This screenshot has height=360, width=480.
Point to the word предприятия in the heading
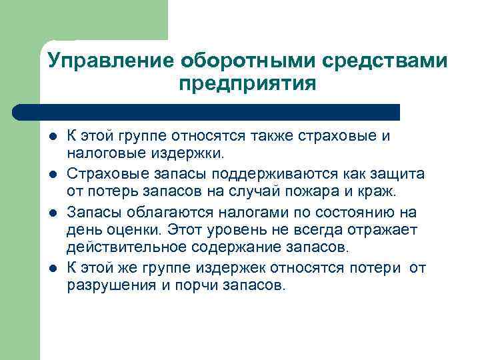(247, 84)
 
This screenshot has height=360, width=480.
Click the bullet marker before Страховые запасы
(53, 174)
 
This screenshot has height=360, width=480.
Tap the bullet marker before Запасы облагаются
(53, 213)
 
